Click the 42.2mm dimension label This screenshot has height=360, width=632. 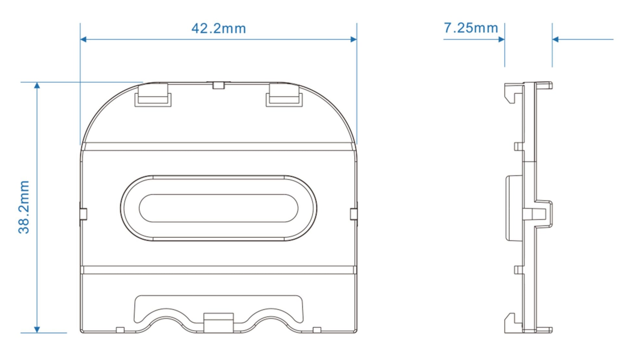pyautogui.click(x=218, y=29)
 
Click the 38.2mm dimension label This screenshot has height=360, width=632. pyautogui.click(x=24, y=207)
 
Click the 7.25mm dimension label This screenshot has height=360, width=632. pyautogui.click(x=471, y=28)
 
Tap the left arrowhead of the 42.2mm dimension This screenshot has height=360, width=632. pyautogui.click(x=83, y=39)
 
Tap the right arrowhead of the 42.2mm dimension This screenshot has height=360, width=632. pyautogui.click(x=353, y=39)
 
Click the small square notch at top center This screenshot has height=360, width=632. pyautogui.click(x=219, y=85)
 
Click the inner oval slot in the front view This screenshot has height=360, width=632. pyautogui.click(x=218, y=208)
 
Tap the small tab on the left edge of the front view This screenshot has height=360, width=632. pyautogui.click(x=83, y=214)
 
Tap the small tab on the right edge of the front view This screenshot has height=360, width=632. pyautogui.click(x=354, y=214)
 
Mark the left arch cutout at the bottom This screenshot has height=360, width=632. pyautogui.click(x=166, y=320)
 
